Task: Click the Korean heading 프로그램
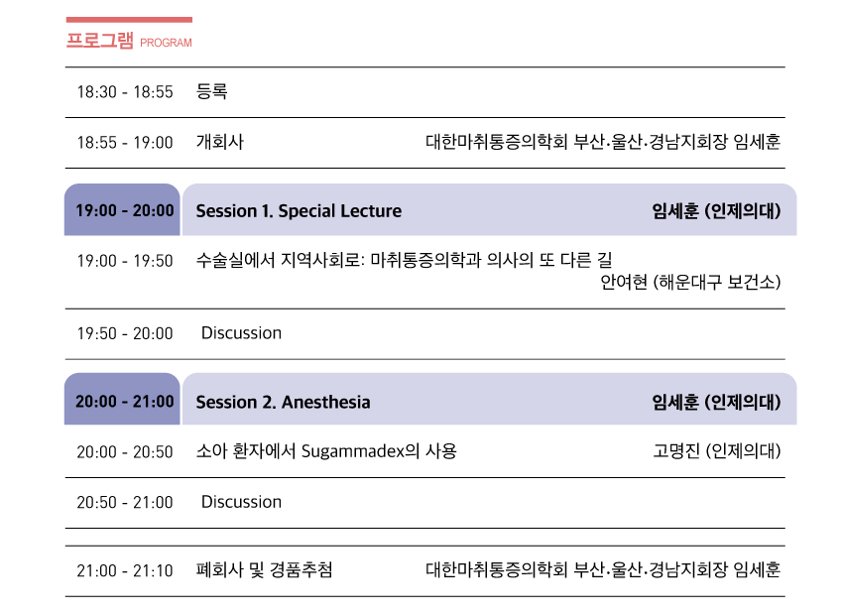click(x=99, y=42)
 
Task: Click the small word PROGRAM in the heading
click(x=167, y=44)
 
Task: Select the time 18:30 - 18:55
click(x=125, y=92)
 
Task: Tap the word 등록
click(x=212, y=92)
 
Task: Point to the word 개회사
click(x=219, y=142)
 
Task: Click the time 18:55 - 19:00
click(x=125, y=143)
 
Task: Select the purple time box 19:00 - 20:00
click(x=124, y=210)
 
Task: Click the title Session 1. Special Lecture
click(x=299, y=211)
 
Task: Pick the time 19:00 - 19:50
click(x=125, y=261)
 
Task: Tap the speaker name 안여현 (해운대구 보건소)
click(x=690, y=283)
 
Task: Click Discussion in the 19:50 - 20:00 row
click(x=241, y=333)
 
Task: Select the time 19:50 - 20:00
click(x=125, y=333)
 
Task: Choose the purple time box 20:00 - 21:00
click(x=124, y=402)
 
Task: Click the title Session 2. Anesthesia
click(x=283, y=402)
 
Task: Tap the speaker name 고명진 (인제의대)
click(x=717, y=452)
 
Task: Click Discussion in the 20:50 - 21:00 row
click(x=241, y=502)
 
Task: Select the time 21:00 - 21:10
click(x=125, y=571)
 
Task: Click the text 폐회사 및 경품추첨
click(x=264, y=570)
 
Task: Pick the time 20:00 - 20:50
click(x=125, y=452)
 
